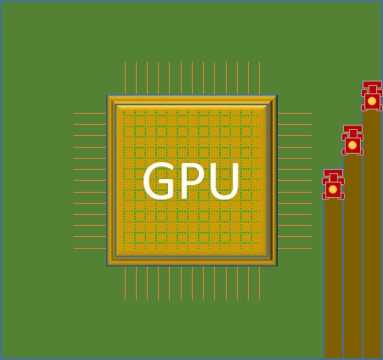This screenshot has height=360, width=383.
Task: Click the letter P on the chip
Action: click(192, 182)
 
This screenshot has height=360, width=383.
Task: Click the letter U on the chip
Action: click(223, 182)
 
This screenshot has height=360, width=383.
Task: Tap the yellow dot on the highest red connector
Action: click(372, 101)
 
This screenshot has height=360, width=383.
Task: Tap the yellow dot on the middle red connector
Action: click(352, 145)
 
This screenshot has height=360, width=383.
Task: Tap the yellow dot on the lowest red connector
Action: click(333, 189)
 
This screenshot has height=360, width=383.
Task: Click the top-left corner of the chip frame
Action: click(109, 97)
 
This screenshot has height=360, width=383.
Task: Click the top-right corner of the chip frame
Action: click(275, 97)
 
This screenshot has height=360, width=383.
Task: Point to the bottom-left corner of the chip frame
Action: click(109, 264)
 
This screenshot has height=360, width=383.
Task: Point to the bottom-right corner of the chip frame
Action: click(275, 264)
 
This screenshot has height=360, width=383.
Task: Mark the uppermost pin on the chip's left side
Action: click(90, 113)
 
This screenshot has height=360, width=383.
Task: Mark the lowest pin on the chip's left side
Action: click(90, 248)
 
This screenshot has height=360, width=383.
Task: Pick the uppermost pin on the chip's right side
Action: click(294, 113)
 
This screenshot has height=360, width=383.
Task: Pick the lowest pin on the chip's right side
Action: click(294, 248)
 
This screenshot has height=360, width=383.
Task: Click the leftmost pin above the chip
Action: click(125, 78)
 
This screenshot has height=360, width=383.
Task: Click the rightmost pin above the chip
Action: click(259, 78)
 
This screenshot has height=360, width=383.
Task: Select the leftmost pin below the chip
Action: click(125, 283)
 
